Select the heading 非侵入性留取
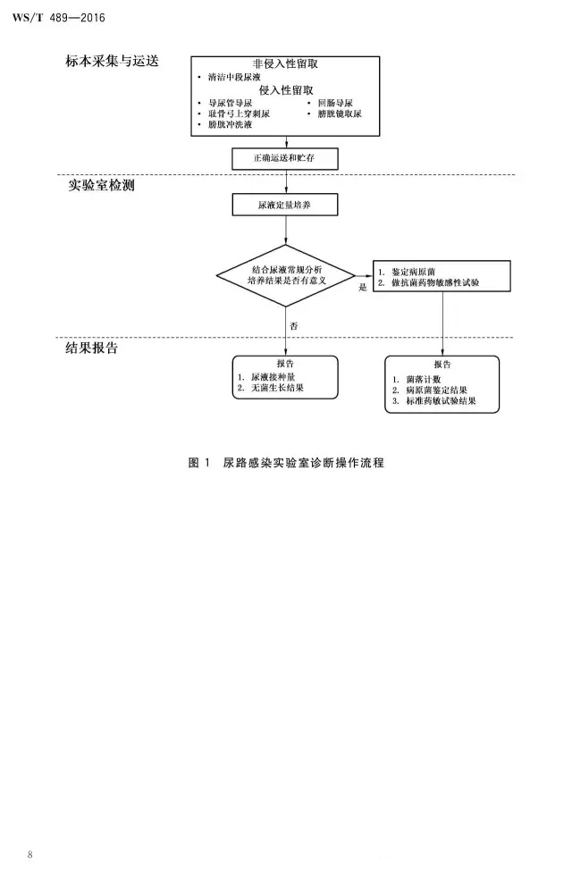coord(286,65)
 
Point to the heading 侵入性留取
coord(286,90)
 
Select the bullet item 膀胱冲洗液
coord(229,126)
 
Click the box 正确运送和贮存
coord(285,158)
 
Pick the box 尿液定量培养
coord(285,206)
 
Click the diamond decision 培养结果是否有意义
coord(285,274)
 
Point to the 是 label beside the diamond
coord(363,287)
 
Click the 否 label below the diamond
coord(293,325)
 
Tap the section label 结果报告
coord(92,348)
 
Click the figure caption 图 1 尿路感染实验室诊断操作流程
coord(285,463)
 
